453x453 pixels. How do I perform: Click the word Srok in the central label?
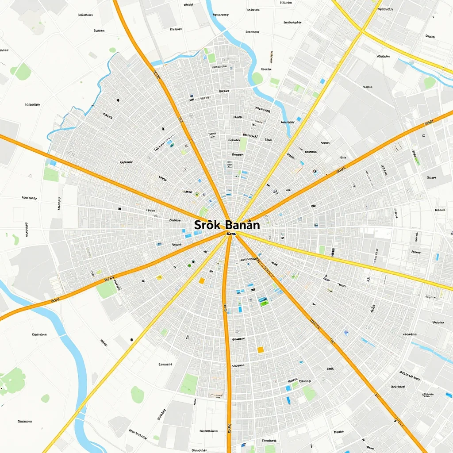pyautogui.click(x=207, y=225)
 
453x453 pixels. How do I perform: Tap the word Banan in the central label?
pyautogui.click(x=242, y=225)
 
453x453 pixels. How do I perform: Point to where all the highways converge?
pyautogui.click(x=230, y=234)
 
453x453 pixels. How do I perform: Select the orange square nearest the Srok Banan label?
pyautogui.click(x=202, y=280)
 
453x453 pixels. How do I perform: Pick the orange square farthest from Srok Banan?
pyautogui.click(x=261, y=349)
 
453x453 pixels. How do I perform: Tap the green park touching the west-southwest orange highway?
pyautogui.click(x=106, y=290)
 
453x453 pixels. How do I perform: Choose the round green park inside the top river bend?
pyautogui.click(x=257, y=78)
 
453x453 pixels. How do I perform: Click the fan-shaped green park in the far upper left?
pyautogui.click(x=22, y=71)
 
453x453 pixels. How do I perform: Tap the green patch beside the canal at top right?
pyautogui.click(x=429, y=82)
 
